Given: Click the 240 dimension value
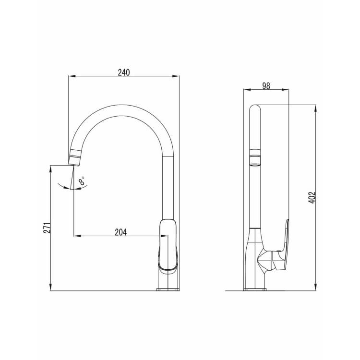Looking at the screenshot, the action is tap(124, 72).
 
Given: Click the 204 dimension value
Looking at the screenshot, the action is tap(121, 232).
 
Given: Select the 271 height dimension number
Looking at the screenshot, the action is tap(47, 228).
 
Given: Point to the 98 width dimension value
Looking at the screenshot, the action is tap(266, 86).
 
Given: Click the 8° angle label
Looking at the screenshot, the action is tap(82, 180).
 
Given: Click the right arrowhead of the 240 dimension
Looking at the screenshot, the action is tap(176, 76).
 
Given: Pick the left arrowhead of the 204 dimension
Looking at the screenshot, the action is tap(77, 236).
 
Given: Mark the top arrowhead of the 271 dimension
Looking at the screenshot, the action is tap(50, 168).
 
